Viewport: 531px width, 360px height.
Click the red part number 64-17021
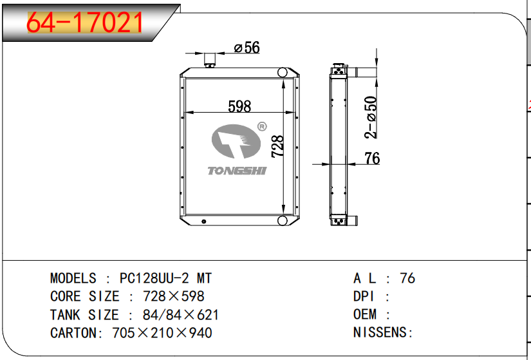coord(84,23)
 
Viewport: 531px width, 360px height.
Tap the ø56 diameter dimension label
coord(247,48)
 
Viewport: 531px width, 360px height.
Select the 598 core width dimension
coord(239,106)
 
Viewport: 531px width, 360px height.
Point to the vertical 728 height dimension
coord(277,146)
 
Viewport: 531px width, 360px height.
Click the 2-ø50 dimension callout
coord(371,117)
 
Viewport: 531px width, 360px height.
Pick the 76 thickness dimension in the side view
coord(372,158)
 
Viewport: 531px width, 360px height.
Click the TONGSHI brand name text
coord(237,171)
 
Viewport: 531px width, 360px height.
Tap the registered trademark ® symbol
coord(262,127)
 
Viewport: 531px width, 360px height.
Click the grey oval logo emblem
coord(236,141)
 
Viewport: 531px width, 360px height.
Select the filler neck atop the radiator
coord(210,61)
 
